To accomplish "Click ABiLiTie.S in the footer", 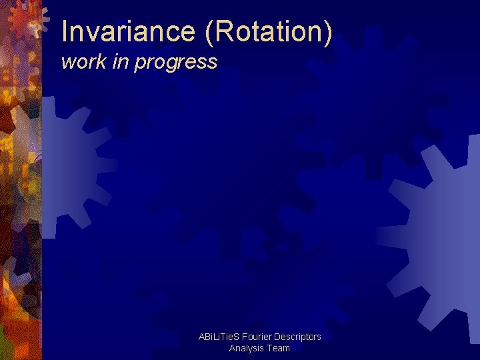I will (x=219, y=337).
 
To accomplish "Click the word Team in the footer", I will (x=279, y=348).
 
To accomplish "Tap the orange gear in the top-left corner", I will (x=27, y=19).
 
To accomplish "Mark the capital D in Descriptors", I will (x=277, y=337).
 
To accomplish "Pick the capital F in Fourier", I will (x=245, y=337).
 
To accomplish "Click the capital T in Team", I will (x=270, y=348).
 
